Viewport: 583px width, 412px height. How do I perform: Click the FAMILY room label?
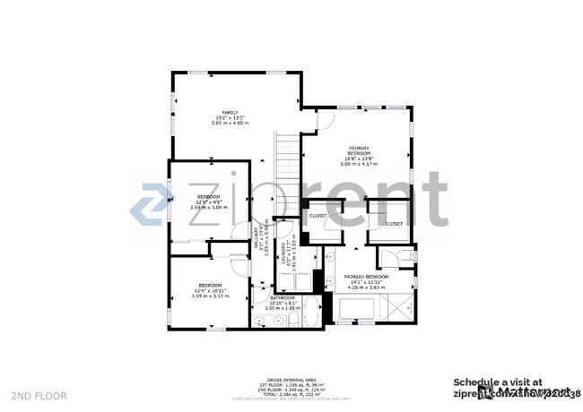[x=231, y=113]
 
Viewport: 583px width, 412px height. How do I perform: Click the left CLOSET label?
[x=318, y=216]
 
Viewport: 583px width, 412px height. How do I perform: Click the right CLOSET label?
[x=395, y=223]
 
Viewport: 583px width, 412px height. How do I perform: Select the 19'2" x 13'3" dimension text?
[x=231, y=118]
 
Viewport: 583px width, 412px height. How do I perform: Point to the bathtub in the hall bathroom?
[x=310, y=313]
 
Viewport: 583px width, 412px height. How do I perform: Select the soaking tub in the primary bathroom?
[x=356, y=311]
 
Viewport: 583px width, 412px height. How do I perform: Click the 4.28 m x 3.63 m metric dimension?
[x=366, y=288]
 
